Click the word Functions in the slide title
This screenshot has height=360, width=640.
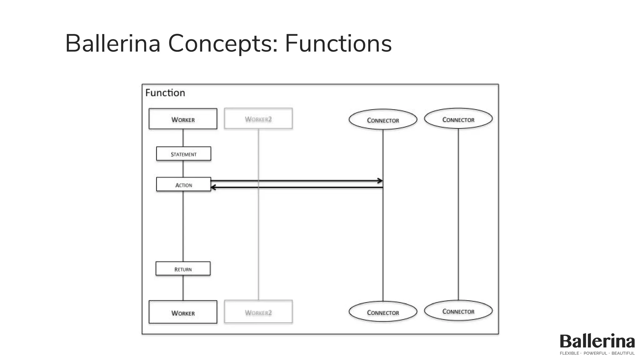338,44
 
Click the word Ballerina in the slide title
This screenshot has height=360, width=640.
112,44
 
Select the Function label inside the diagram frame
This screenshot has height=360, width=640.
165,93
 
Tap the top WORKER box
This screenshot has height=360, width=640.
183,119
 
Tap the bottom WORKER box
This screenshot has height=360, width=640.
183,312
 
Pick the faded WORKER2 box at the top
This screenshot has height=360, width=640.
258,118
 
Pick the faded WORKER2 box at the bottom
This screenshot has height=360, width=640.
258,312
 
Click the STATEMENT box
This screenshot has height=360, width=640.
183,154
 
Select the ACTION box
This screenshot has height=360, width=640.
183,184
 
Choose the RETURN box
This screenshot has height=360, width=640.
183,269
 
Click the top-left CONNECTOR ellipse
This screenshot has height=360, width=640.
383,120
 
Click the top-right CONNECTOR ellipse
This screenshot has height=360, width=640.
458,119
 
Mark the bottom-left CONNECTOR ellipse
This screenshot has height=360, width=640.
383,312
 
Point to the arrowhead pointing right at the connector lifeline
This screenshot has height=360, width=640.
380,181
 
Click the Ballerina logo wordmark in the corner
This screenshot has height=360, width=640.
597,341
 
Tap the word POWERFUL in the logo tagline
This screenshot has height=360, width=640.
595,353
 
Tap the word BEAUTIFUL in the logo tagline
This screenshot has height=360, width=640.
623,353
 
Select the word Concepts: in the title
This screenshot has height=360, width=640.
223,44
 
